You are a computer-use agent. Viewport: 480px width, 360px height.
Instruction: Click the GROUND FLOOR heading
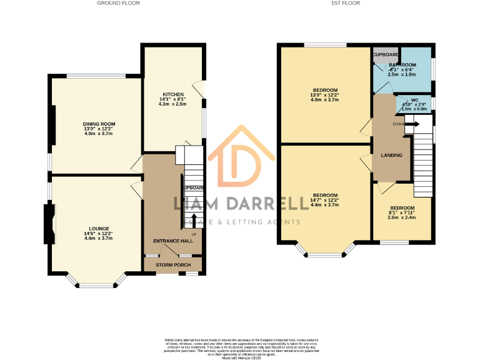coord(118,3)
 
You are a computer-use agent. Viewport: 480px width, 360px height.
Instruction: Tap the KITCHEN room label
coord(172,94)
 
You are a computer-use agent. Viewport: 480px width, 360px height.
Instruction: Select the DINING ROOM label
coord(99,124)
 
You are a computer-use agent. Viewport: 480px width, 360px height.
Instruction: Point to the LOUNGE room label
coord(99,228)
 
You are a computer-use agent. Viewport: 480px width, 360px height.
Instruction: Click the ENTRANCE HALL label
coord(173,241)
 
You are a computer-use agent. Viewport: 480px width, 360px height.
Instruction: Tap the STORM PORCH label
coord(173,265)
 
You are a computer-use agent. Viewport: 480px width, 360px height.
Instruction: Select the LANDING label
coord(391,155)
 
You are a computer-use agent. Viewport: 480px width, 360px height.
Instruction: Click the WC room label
coord(414,100)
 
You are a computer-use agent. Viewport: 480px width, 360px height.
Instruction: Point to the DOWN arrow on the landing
coord(409,124)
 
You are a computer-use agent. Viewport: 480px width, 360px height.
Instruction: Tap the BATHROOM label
coord(402,64)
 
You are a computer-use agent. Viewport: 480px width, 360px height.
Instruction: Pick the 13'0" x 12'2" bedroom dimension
coord(325,95)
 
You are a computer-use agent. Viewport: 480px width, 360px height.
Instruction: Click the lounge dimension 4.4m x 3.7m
coord(99,238)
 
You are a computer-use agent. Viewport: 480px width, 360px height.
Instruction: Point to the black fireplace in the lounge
coord(47,224)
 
